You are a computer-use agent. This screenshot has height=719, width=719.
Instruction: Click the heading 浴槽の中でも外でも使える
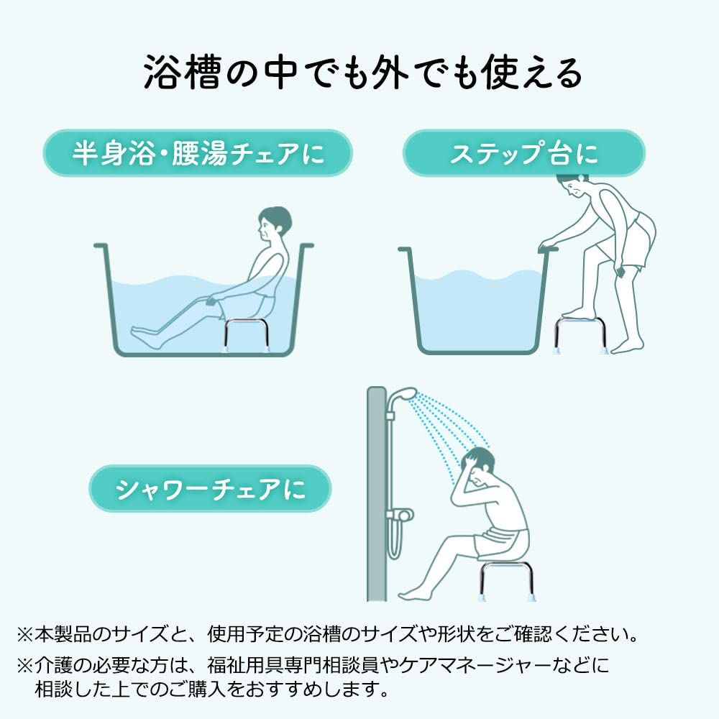pos(362,72)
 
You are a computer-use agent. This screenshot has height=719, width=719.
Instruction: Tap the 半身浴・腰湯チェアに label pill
pos(198,153)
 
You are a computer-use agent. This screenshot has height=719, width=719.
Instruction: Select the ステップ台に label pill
pos(524,153)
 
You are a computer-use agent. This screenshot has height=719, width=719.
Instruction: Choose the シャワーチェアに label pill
pos(210,488)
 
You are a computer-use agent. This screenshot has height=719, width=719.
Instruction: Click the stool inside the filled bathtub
pos(245,335)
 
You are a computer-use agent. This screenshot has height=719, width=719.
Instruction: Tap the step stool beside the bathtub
pos(581,335)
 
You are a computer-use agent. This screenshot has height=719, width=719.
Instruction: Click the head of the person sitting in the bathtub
pos(274,224)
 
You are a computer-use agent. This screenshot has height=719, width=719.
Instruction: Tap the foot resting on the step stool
pos(579,313)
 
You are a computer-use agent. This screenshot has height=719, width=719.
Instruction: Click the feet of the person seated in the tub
pos(147,336)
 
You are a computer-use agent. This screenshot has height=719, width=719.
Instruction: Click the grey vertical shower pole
pos(377,494)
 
